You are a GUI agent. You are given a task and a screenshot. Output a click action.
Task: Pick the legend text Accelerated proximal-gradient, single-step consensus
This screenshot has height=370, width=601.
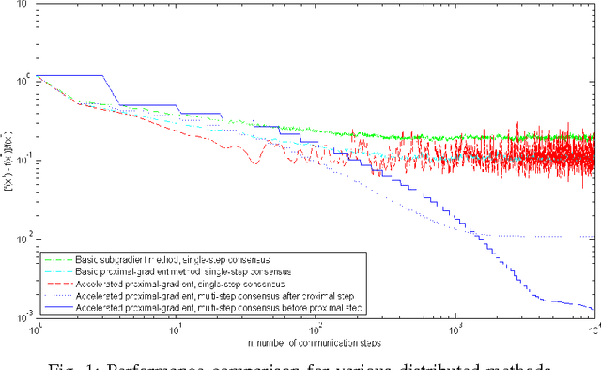[x=163, y=282]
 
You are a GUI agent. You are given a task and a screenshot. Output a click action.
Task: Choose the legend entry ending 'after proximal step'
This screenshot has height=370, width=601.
[x=193, y=294]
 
